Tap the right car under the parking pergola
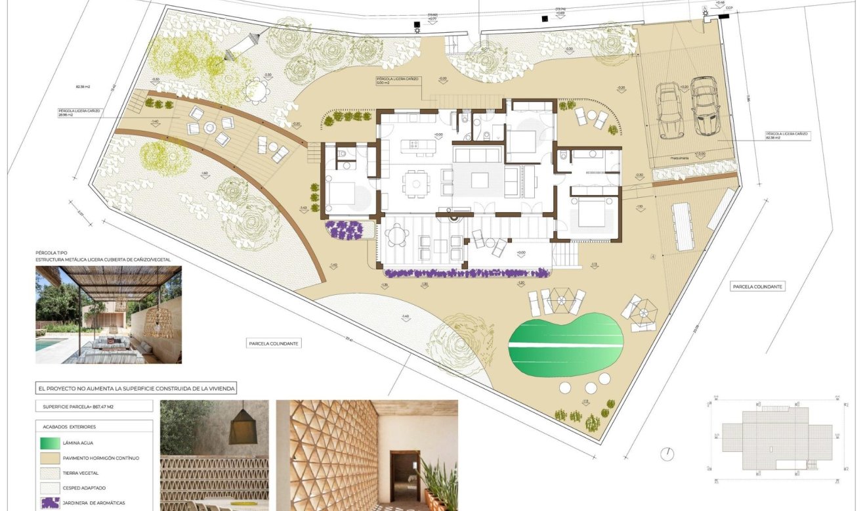[x=704, y=106]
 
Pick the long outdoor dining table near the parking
[x=683, y=226]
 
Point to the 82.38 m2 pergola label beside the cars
[x=788, y=136]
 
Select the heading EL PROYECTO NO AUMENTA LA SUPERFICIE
[x=136, y=389]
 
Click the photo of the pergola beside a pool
[x=108, y=315]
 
